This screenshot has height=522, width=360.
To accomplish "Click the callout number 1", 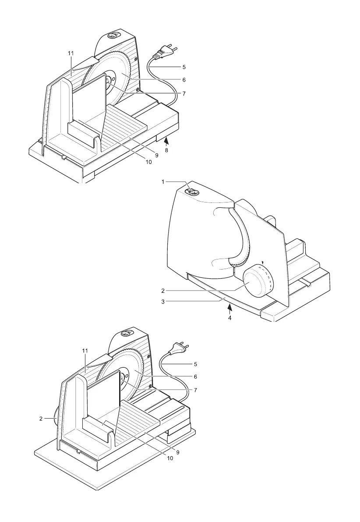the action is coord(163,182).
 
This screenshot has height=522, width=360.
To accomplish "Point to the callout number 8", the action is coord(166,150).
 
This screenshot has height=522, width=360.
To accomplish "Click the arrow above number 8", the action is coord(166,141).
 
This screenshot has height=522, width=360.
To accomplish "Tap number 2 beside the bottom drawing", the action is coord(40,419).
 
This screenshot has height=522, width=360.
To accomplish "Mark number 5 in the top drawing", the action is coord(184,67).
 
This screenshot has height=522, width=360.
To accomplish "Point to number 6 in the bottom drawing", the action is coord(196,376).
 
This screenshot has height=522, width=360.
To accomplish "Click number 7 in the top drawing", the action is coord(184,93).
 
